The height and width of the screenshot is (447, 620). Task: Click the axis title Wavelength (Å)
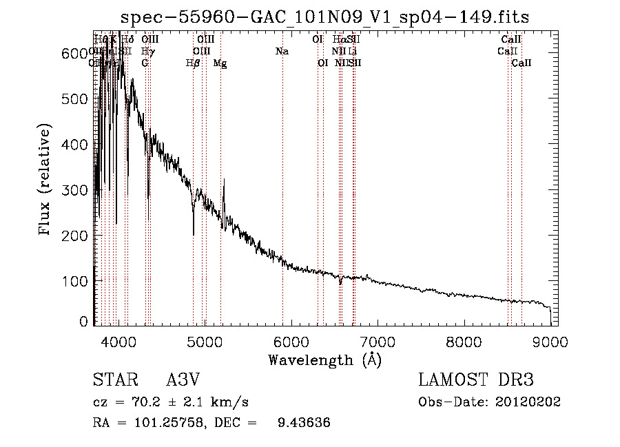324,360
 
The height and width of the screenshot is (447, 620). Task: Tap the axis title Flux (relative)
46,180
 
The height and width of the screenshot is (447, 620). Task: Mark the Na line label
282,52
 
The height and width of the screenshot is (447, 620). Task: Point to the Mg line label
220,63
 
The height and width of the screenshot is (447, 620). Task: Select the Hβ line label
193,63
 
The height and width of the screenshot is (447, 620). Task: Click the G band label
145,63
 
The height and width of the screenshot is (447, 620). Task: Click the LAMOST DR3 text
476,380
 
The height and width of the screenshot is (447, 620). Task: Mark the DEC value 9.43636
303,423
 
